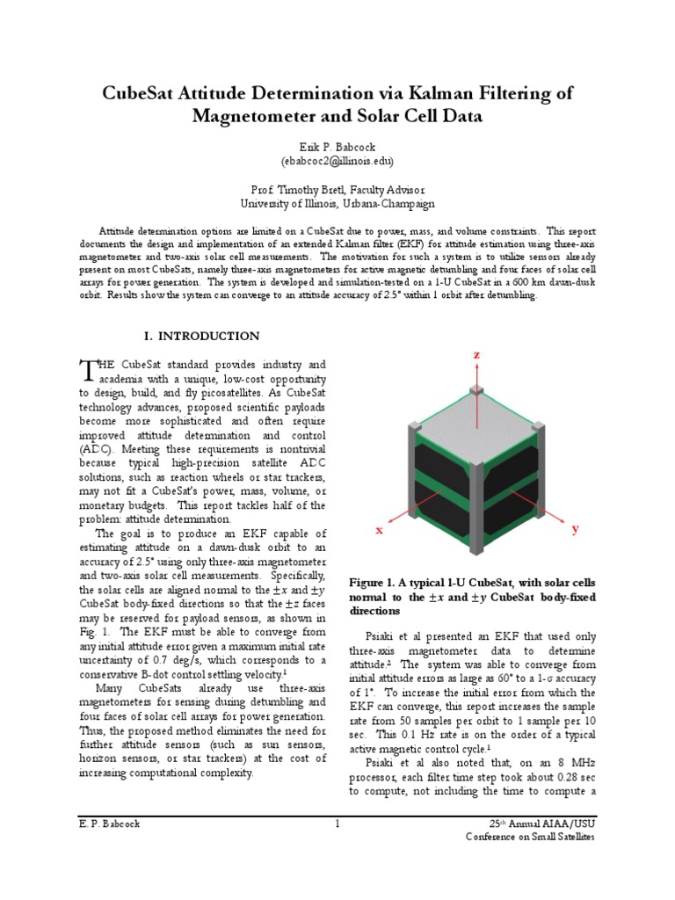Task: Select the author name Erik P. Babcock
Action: click(337, 148)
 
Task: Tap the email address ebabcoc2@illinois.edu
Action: click(337, 162)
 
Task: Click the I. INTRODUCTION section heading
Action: click(201, 336)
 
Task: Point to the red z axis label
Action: click(476, 353)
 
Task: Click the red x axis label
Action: click(380, 530)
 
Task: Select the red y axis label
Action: click(576, 529)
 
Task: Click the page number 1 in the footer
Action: click(337, 824)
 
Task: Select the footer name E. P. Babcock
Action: click(109, 824)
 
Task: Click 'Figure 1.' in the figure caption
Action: click(374, 583)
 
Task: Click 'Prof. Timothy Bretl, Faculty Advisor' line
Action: click(337, 189)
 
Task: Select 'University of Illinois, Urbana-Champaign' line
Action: click(337, 203)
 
